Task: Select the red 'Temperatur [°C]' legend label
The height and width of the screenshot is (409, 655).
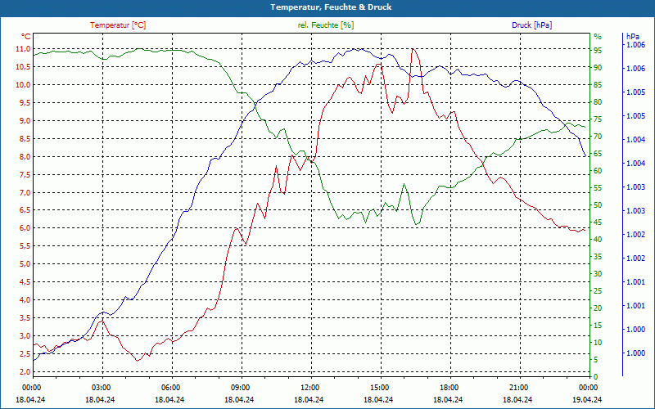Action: click(118, 25)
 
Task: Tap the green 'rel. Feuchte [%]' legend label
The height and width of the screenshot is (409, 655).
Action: click(326, 25)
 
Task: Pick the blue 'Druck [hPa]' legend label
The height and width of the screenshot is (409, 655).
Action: click(531, 25)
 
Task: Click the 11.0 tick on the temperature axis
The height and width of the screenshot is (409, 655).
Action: click(22, 49)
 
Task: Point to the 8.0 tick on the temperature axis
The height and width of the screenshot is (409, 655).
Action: click(24, 157)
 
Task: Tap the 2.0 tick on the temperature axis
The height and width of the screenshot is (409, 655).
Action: click(24, 371)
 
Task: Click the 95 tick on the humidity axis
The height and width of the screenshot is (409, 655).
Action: click(598, 49)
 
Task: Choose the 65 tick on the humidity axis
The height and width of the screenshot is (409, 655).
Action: click(598, 153)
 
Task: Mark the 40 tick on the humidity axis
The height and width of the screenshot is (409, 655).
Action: click(598, 239)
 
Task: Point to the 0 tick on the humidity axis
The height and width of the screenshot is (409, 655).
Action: click(595, 376)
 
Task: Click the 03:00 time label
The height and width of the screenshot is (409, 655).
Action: click(102, 387)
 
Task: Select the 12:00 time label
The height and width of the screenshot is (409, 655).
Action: click(309, 387)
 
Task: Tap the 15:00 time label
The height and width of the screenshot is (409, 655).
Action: click(379, 387)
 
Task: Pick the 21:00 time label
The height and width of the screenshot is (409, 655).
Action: click(518, 387)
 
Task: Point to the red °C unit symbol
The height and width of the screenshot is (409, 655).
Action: click(25, 37)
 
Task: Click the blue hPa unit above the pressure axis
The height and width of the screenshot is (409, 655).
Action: click(632, 37)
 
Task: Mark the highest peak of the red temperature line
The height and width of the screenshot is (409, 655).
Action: click(413, 49)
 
